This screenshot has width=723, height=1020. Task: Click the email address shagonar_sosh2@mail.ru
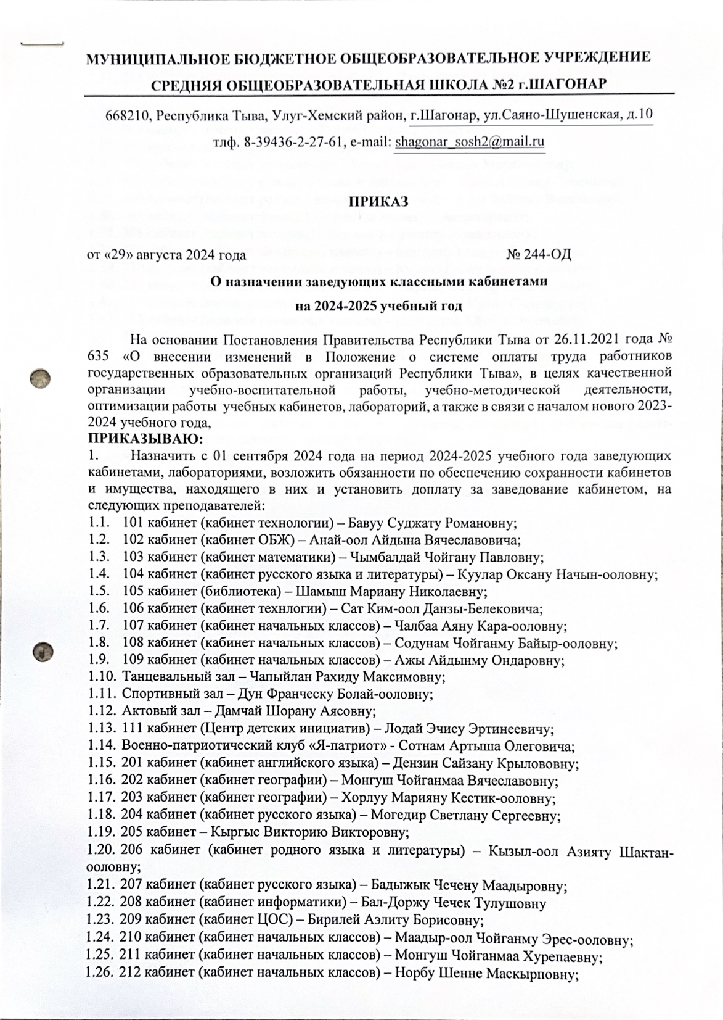pos(470,141)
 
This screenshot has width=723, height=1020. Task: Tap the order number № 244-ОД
pos(538,254)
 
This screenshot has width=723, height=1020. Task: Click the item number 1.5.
pos(99,592)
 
